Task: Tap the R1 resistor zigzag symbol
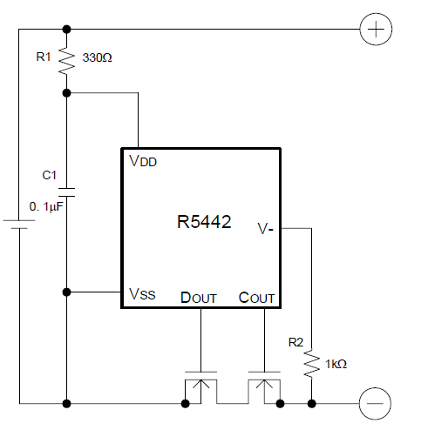click(66, 61)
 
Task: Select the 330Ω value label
click(97, 57)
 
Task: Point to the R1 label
click(44, 57)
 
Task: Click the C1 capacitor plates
click(66, 192)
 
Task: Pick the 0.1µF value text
click(46, 207)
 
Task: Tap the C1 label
click(49, 175)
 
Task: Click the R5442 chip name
click(204, 222)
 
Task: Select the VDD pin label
click(143, 161)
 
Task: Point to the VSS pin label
click(142, 294)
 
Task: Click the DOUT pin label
click(199, 298)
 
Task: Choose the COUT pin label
click(256, 298)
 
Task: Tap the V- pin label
click(266, 229)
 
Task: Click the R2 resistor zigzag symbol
click(311, 364)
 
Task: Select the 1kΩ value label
click(336, 364)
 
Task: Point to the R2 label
click(296, 343)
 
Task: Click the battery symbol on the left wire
click(19, 225)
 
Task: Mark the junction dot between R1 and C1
click(66, 93)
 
